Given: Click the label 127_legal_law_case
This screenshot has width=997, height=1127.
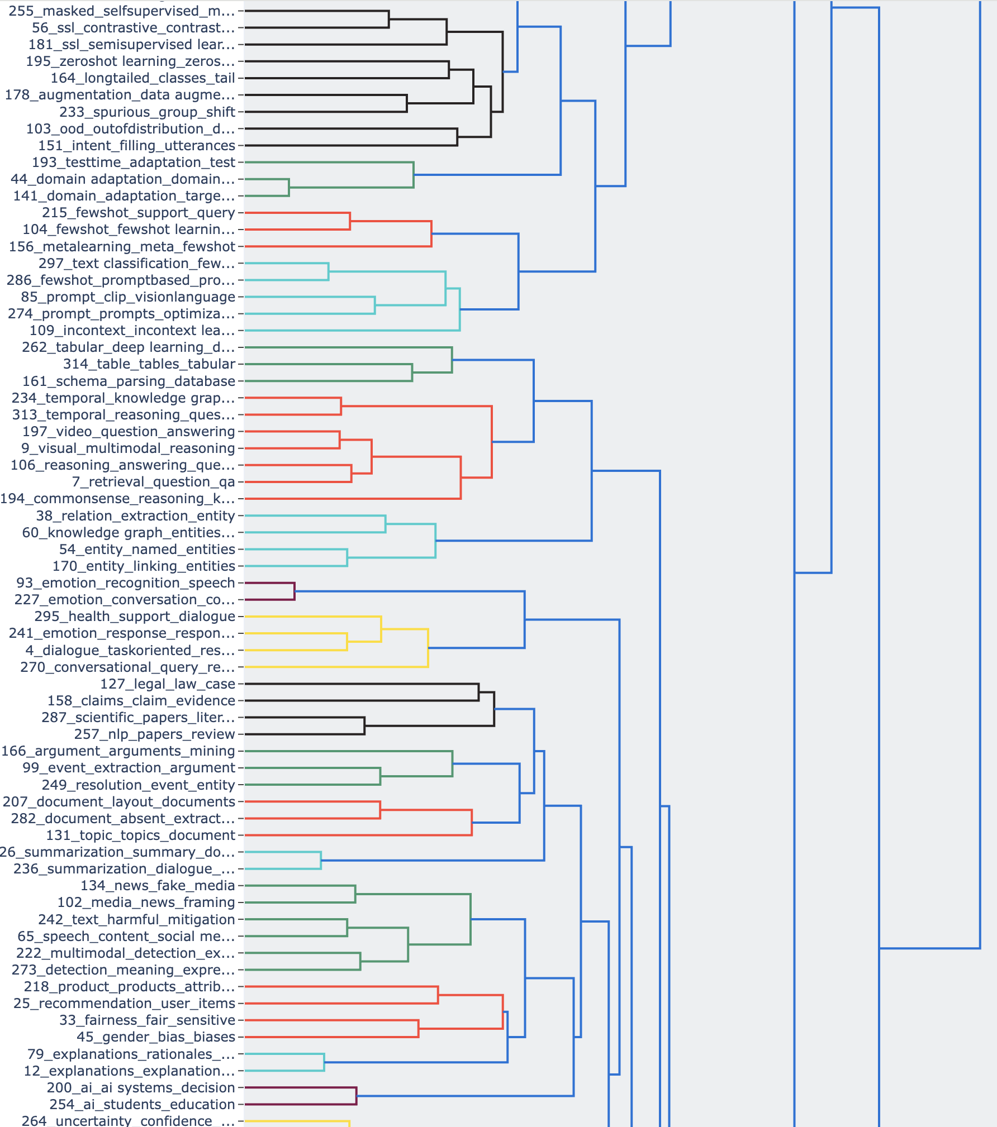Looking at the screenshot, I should (x=168, y=684).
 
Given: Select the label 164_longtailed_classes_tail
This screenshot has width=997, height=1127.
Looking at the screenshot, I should (x=143, y=78).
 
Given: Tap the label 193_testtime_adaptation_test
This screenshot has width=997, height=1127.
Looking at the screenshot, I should (x=134, y=163).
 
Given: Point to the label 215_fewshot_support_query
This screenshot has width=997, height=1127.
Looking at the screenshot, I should (x=138, y=213).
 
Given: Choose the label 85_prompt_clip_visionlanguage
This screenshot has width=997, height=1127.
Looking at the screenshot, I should (x=128, y=297).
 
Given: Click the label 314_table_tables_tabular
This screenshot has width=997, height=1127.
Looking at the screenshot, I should (x=149, y=364).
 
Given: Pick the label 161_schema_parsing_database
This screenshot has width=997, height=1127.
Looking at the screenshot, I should (x=129, y=381).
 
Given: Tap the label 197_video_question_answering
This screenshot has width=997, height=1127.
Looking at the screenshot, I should (x=129, y=432).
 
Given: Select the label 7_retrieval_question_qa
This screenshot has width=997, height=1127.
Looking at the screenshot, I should (x=153, y=482).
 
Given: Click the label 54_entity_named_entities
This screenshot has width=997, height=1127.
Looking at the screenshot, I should (x=147, y=550).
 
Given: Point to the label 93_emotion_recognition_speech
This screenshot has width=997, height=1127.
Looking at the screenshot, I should (x=126, y=583).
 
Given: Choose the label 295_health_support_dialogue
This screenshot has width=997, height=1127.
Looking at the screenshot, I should (x=135, y=617).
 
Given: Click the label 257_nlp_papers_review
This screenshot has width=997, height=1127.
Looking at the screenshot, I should (x=154, y=734).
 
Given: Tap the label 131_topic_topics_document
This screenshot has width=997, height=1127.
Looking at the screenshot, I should (x=140, y=835).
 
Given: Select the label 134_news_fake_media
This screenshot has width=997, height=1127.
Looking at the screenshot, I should (x=158, y=886).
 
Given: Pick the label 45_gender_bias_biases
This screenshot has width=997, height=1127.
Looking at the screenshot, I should (x=156, y=1037).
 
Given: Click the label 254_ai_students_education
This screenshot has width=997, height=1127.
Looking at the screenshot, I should (x=142, y=1105).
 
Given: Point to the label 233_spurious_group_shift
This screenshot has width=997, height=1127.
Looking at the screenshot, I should (x=147, y=112).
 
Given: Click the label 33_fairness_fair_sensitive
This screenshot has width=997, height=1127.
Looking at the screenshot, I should (x=147, y=1020).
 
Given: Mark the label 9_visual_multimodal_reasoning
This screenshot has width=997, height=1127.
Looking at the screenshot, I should (x=128, y=448).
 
